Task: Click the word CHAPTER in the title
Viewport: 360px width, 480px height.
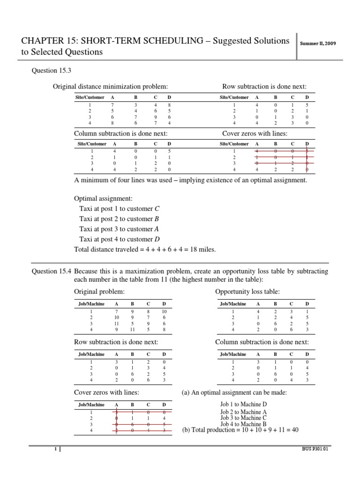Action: [x=44, y=41]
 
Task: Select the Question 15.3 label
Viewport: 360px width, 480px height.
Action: [x=51, y=70]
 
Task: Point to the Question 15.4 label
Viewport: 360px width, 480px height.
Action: [x=51, y=271]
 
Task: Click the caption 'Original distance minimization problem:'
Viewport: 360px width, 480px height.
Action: [x=110, y=86]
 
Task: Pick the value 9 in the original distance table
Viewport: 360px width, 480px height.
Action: [x=156, y=117]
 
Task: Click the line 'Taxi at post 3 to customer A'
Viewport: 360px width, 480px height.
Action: [x=119, y=229]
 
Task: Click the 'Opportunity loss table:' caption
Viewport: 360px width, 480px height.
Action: [x=247, y=292]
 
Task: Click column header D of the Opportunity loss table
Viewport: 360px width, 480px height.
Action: [x=307, y=304]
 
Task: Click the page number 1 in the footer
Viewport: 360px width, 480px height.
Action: [x=55, y=450]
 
